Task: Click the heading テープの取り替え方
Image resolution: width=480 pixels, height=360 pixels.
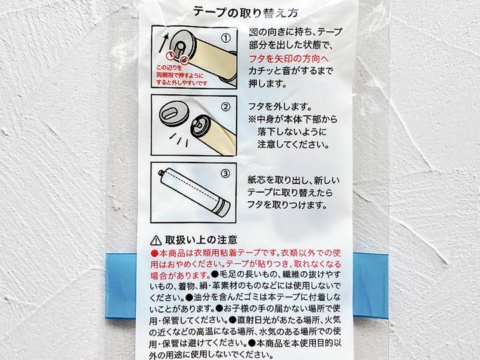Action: [x=246, y=12]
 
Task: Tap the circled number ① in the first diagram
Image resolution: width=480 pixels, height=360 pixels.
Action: [x=225, y=38]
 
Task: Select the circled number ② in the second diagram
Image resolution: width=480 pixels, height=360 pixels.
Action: [x=225, y=107]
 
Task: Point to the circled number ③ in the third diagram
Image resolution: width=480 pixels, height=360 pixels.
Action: [x=225, y=173]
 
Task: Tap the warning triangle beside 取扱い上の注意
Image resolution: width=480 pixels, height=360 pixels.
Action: [x=156, y=240]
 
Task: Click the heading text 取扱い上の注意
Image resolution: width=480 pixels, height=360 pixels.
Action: [x=201, y=240]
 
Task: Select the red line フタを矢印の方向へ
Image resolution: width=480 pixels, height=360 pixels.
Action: [x=289, y=58]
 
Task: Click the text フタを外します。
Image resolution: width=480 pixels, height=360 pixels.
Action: [x=280, y=107]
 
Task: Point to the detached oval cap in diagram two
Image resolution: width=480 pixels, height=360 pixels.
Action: [x=172, y=113]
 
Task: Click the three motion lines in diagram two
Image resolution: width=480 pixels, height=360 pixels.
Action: [x=180, y=139]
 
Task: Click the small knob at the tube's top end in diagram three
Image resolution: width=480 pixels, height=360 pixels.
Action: [x=160, y=173]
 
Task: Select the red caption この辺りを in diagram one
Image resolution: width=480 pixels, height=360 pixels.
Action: [x=169, y=67]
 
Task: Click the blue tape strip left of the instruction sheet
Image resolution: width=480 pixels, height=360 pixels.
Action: [x=121, y=285]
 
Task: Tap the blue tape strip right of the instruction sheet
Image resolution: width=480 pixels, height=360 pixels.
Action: [x=371, y=285]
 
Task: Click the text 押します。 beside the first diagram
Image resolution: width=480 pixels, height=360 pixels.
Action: [x=267, y=83]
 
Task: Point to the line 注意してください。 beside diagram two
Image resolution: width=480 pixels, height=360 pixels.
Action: [x=293, y=144]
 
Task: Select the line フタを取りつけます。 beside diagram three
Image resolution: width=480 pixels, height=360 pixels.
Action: [x=287, y=205]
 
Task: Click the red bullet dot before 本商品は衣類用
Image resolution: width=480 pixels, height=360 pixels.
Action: [x=155, y=253]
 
